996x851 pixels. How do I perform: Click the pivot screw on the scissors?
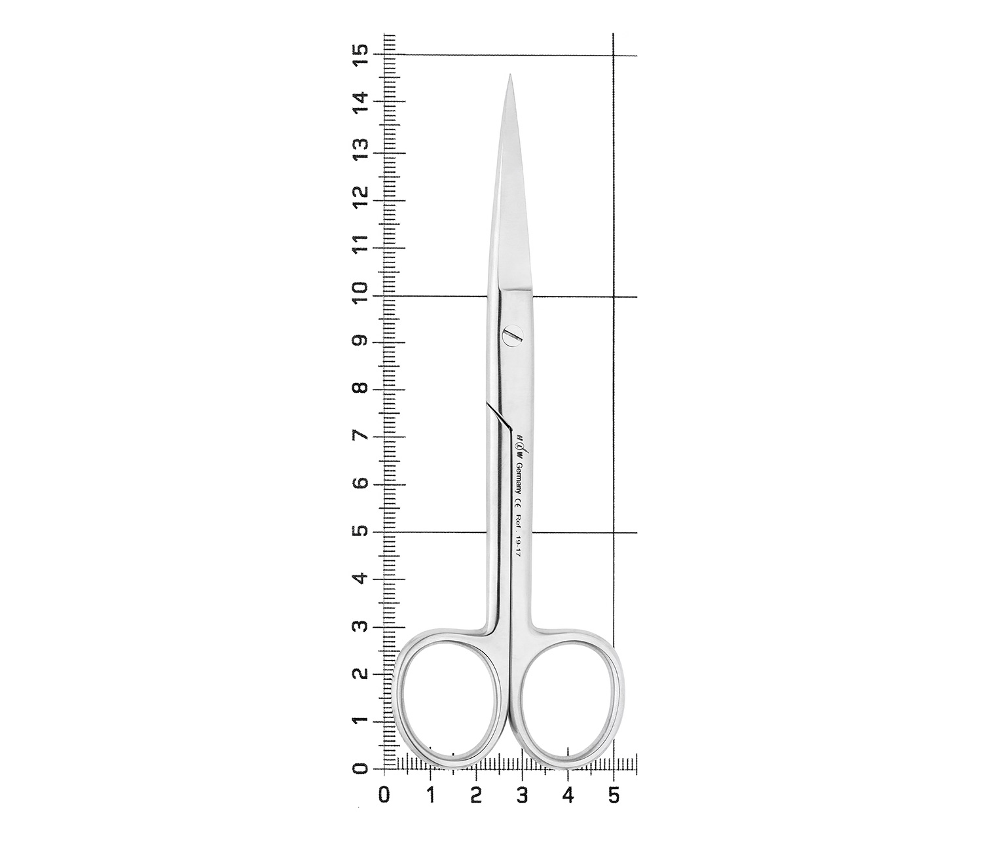512,336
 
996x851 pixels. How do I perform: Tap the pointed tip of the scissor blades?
510,75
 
